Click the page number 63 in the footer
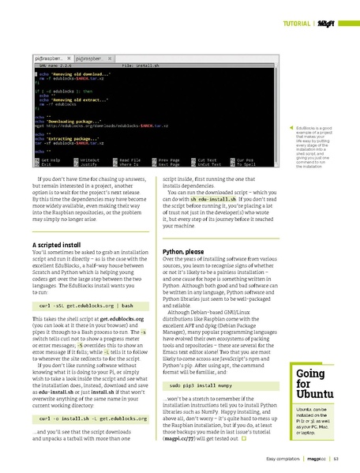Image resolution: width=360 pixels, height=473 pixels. pos(336,459)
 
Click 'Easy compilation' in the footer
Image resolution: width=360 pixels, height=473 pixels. pos(281,459)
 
